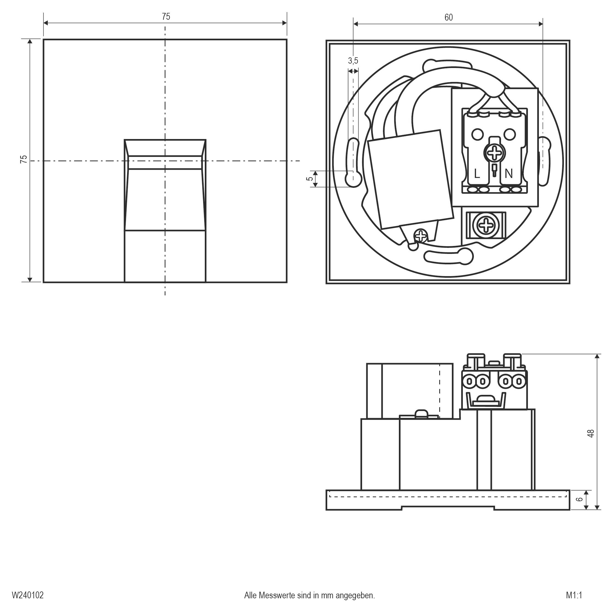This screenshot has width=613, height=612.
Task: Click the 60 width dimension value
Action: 448,18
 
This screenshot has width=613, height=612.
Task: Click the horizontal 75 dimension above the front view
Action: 166,16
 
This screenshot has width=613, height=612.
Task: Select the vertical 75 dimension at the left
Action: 24,159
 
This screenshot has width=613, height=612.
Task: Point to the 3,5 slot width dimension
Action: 353,61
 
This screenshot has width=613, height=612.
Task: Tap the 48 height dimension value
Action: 590,433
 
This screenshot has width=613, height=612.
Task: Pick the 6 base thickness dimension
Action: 579,500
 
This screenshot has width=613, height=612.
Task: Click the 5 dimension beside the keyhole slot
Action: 310,179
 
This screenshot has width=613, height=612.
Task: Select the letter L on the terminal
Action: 477,174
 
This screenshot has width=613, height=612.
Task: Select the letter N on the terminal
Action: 509,174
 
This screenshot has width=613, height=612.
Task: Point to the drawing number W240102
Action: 28,595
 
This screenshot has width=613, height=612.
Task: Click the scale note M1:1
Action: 574,595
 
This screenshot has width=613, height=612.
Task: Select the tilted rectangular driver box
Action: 410,179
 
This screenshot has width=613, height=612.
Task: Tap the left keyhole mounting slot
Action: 353,163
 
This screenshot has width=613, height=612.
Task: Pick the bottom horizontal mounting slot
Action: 448,256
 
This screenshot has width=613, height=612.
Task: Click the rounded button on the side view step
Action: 420,413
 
